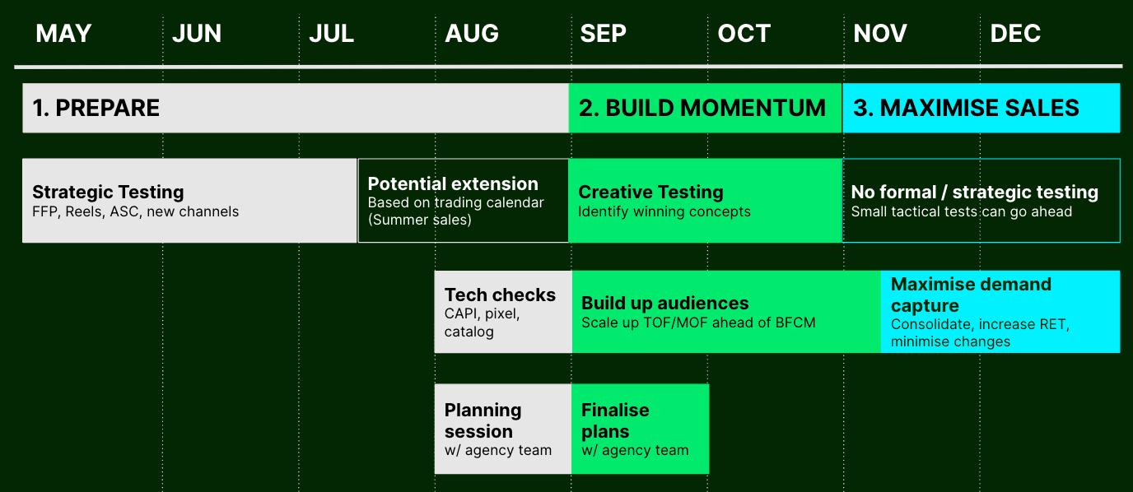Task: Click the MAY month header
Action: pyautogui.click(x=63, y=34)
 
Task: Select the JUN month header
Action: pyautogui.click(x=197, y=34)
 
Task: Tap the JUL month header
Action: pyautogui.click(x=331, y=34)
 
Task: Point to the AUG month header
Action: pyautogui.click(x=472, y=34)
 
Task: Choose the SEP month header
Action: pyautogui.click(x=603, y=34)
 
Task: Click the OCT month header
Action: pyautogui.click(x=744, y=34)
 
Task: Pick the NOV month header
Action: pyautogui.click(x=880, y=34)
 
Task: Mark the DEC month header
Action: pyautogui.click(x=1015, y=34)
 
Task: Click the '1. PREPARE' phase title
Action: pyautogui.click(x=96, y=109)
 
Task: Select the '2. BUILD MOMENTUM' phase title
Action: pyautogui.click(x=702, y=109)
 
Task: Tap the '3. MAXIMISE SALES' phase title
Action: pyautogui.click(x=966, y=109)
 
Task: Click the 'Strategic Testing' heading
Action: pyautogui.click(x=108, y=193)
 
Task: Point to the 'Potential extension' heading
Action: pyautogui.click(x=453, y=183)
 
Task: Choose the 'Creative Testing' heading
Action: pyautogui.click(x=650, y=193)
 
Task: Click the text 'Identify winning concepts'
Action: pyautogui.click(x=664, y=212)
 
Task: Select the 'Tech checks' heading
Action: pyautogui.click(x=500, y=295)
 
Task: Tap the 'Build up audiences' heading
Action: pyautogui.click(x=664, y=304)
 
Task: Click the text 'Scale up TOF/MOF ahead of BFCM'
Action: pyautogui.click(x=698, y=323)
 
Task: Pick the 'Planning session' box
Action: pyautogui.click(x=503, y=429)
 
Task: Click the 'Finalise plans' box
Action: pyautogui.click(x=641, y=429)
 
